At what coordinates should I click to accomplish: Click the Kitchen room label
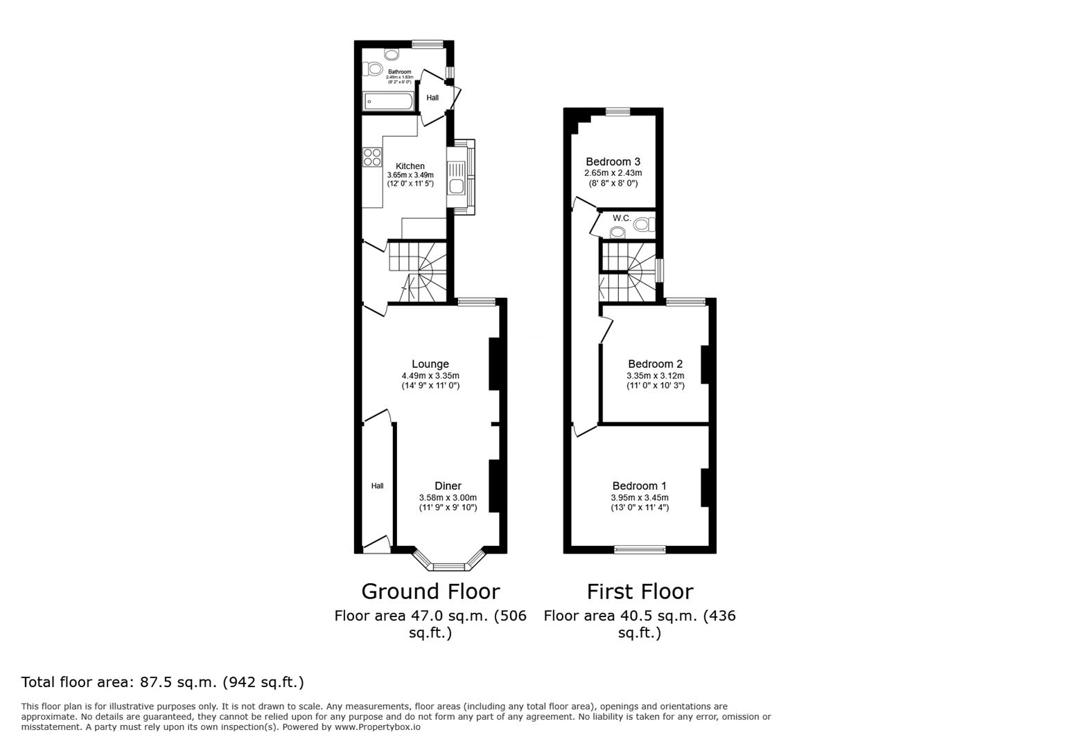pyautogui.click(x=410, y=166)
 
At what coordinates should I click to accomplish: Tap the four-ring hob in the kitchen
pyautogui.click(x=371, y=157)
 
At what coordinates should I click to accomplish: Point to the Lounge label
pyautogui.click(x=430, y=364)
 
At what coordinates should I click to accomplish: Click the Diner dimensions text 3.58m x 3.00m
pyautogui.click(x=448, y=497)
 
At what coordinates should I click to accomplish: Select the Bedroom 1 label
pyautogui.click(x=639, y=486)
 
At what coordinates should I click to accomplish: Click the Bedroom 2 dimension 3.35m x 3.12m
pyautogui.click(x=655, y=375)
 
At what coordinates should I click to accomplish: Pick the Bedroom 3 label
pyautogui.click(x=613, y=162)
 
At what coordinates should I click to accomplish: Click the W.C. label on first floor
pyautogui.click(x=621, y=219)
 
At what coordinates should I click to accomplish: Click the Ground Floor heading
pyautogui.click(x=430, y=591)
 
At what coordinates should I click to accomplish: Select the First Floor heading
pyautogui.click(x=639, y=591)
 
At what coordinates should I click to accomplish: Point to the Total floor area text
pyautogui.click(x=163, y=682)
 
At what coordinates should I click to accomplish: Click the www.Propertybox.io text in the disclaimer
pyautogui.click(x=378, y=727)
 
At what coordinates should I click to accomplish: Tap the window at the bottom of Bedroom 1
pyautogui.click(x=639, y=550)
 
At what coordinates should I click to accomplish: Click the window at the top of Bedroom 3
pyautogui.click(x=617, y=112)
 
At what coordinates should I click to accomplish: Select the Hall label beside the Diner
pyautogui.click(x=377, y=486)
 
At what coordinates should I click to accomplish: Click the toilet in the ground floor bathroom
pyautogui.click(x=374, y=68)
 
